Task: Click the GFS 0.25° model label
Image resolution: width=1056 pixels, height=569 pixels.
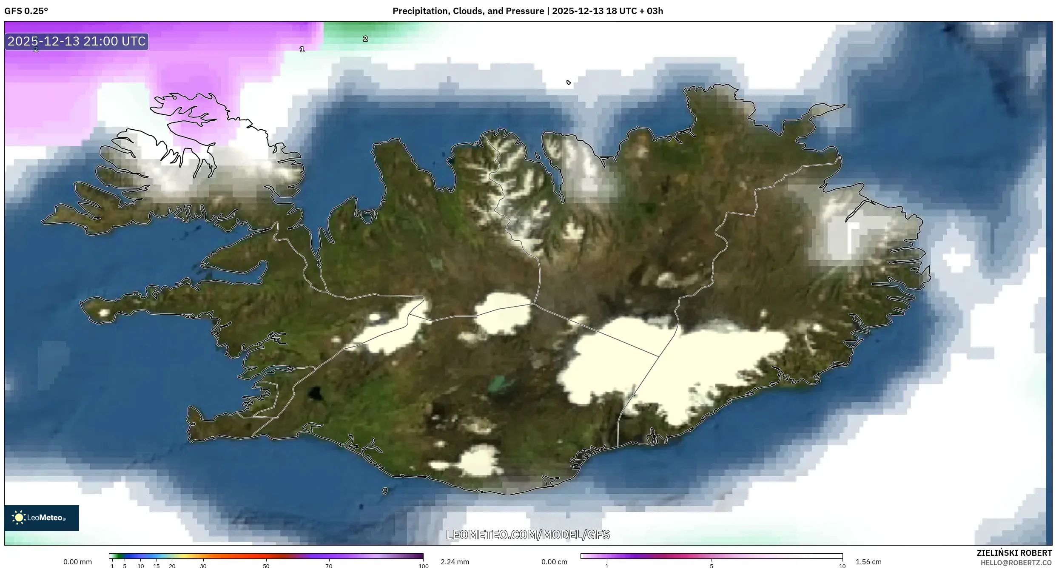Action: (x=26, y=11)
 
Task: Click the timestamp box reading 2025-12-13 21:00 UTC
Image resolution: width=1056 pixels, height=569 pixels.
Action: (x=77, y=41)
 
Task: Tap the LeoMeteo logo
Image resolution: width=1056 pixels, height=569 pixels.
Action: (x=41, y=518)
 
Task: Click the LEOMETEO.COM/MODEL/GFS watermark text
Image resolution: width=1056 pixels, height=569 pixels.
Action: (x=528, y=535)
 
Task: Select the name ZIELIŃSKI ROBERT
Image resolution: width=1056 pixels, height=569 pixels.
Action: (x=1014, y=553)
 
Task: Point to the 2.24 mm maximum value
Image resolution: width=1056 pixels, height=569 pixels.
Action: (x=455, y=562)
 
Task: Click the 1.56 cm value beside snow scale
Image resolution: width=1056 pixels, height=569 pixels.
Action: (x=868, y=562)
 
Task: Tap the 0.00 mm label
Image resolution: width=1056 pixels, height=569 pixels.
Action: (x=77, y=562)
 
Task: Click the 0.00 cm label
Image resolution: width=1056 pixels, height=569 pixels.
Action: (x=554, y=562)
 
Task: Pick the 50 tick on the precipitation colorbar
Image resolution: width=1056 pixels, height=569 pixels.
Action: (x=266, y=566)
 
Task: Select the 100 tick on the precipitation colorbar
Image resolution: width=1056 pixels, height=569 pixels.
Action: (x=423, y=566)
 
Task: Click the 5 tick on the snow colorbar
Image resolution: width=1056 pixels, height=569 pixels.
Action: (x=712, y=566)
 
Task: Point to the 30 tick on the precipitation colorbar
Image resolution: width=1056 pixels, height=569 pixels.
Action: (x=203, y=566)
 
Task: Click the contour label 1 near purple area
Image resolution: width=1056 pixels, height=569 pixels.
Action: (x=302, y=49)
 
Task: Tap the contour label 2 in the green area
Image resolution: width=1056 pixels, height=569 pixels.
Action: (x=365, y=39)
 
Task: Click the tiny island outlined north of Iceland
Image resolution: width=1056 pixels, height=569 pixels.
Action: (x=569, y=83)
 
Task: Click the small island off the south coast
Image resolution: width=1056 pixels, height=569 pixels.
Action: (x=385, y=491)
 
